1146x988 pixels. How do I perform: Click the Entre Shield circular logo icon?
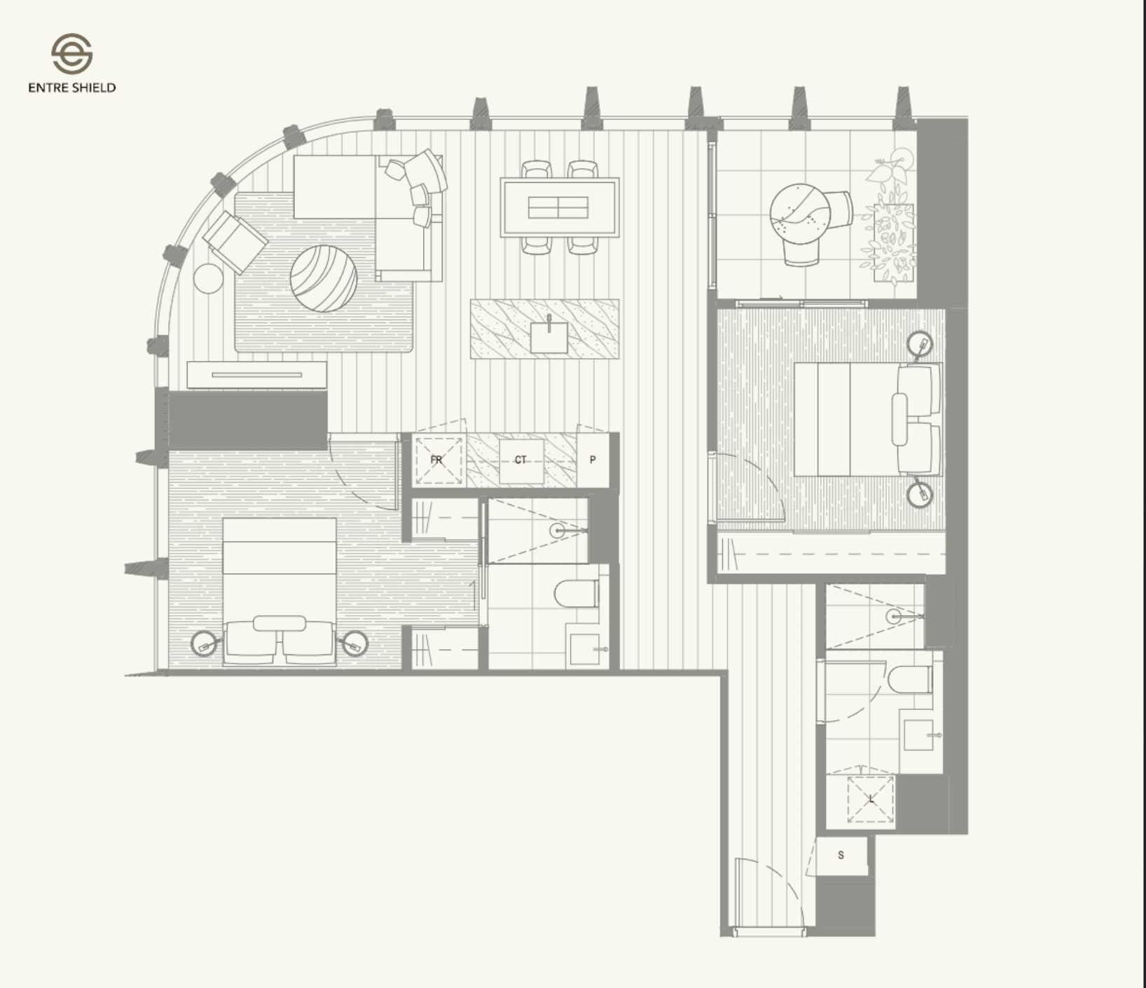pyautogui.click(x=71, y=54)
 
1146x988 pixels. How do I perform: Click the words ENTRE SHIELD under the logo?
pyautogui.click(x=72, y=88)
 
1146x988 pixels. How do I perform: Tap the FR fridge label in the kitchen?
pyautogui.click(x=436, y=460)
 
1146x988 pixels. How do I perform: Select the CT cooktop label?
pyautogui.click(x=520, y=460)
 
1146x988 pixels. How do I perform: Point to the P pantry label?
pyautogui.click(x=593, y=460)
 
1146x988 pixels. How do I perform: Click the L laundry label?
pyautogui.click(x=871, y=799)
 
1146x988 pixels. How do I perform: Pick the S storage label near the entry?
pyautogui.click(x=841, y=855)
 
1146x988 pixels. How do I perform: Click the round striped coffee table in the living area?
pyautogui.click(x=324, y=277)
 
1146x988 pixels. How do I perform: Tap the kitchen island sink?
pyautogui.click(x=549, y=337)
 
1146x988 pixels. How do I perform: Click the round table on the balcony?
pyautogui.click(x=799, y=214)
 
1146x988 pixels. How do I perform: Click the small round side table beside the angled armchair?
pyautogui.click(x=208, y=278)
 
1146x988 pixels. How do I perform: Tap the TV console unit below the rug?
pyautogui.click(x=257, y=376)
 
